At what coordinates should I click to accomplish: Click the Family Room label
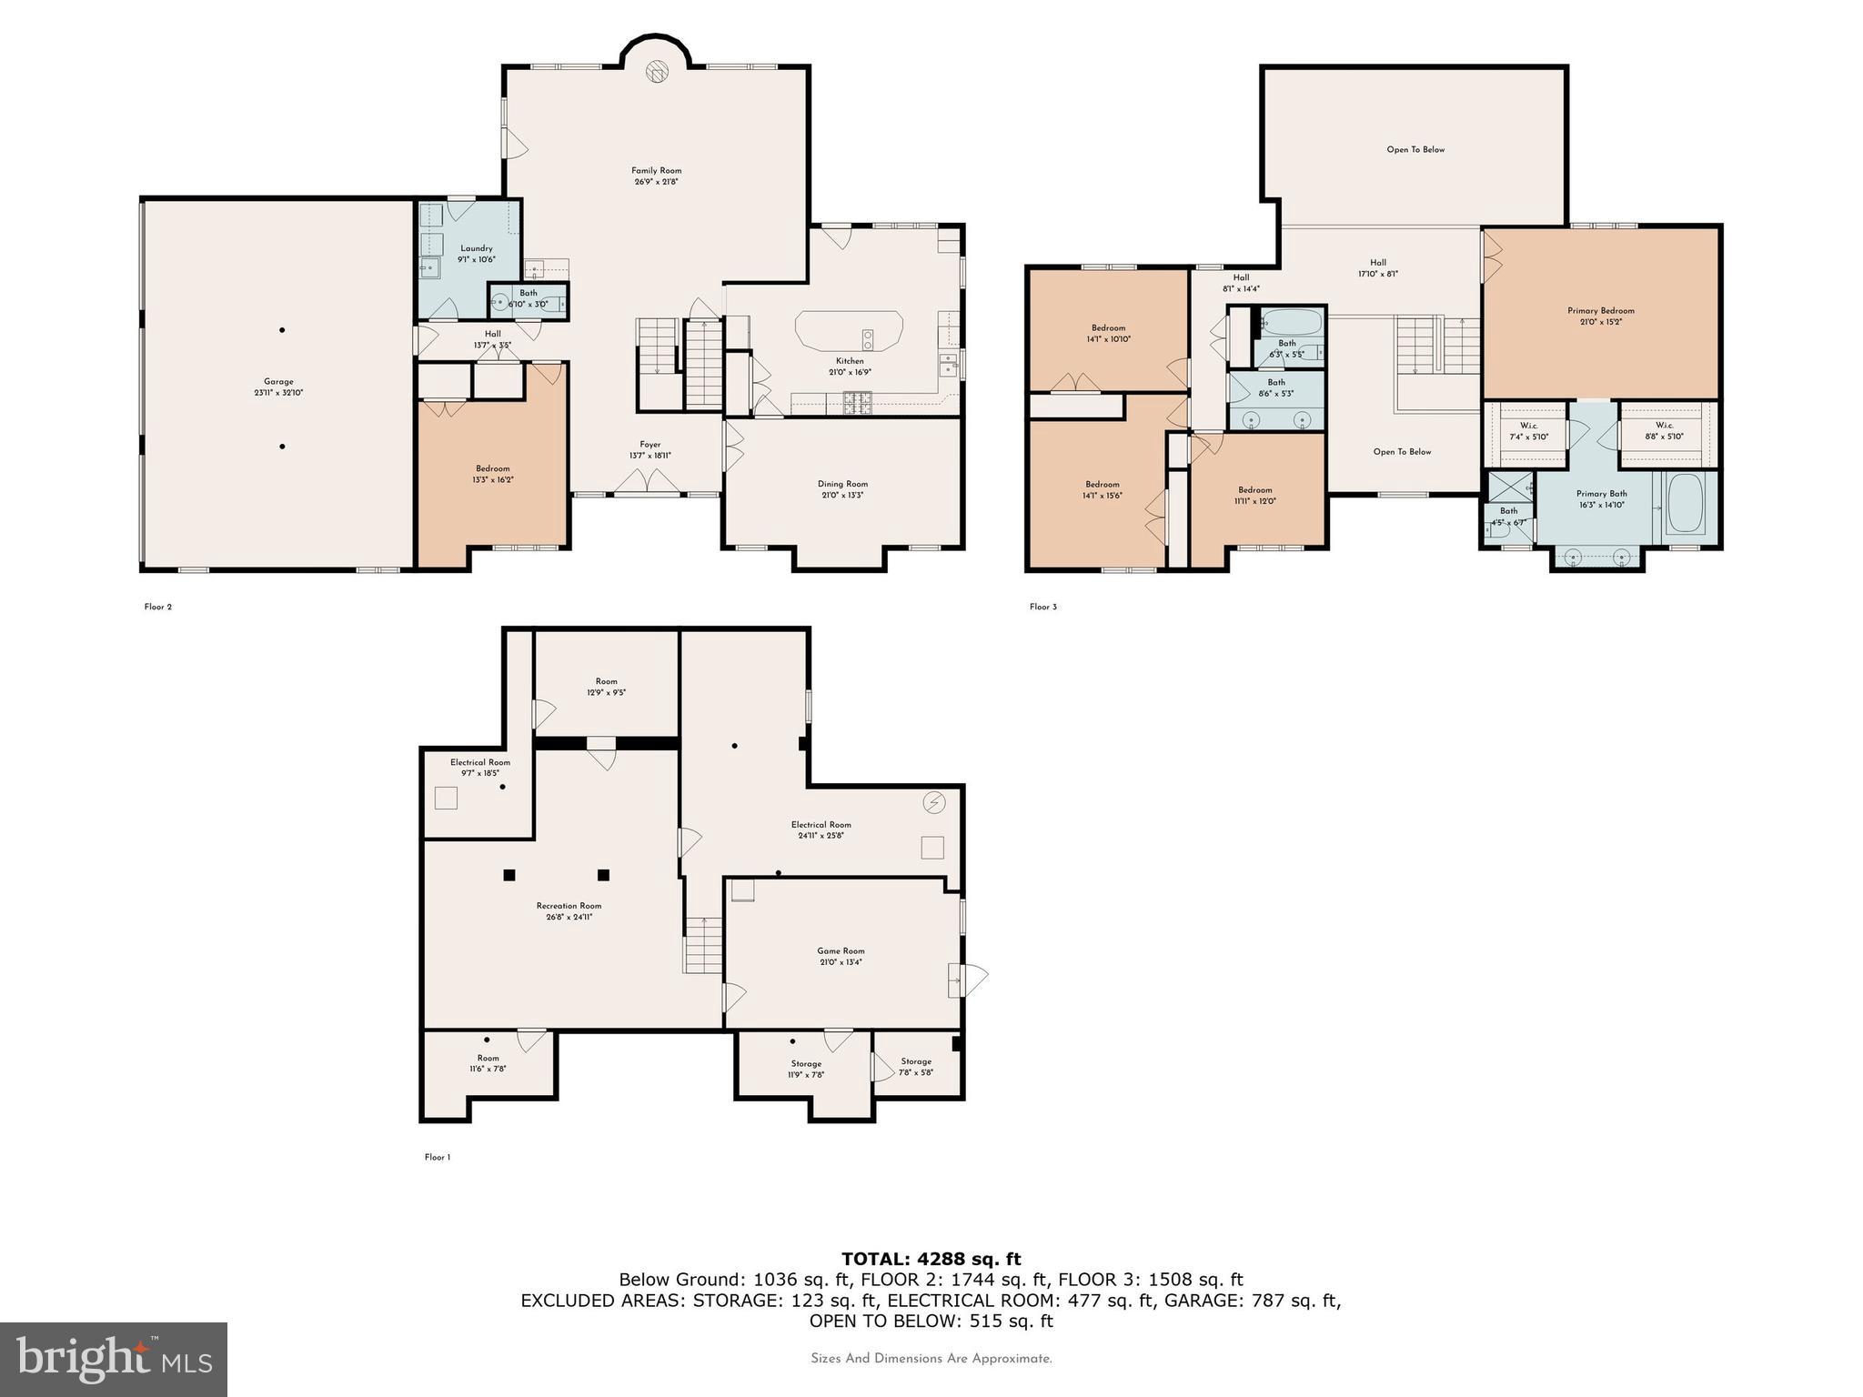tap(656, 171)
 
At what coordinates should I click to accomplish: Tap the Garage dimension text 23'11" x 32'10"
tap(278, 394)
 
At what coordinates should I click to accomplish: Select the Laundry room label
tap(476, 248)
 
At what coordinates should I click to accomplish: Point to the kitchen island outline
tap(848, 331)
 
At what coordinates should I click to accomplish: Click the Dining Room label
tap(842, 485)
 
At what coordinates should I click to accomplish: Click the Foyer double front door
tap(648, 482)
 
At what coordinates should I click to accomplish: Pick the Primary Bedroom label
tap(1600, 311)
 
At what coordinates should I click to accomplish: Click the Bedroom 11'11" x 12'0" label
tap(1254, 490)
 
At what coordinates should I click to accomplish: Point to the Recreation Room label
tap(569, 906)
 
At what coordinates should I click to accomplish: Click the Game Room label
tap(841, 951)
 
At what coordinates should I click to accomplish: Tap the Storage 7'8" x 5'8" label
tap(916, 1061)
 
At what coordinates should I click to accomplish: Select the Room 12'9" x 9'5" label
tap(606, 681)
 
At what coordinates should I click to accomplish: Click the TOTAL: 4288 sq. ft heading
tap(931, 1260)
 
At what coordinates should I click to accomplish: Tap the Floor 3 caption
tap(1042, 607)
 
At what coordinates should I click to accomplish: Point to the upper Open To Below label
tap(1415, 150)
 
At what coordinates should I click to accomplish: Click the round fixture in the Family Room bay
tap(657, 72)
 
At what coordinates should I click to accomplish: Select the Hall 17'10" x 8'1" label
tap(1377, 263)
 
